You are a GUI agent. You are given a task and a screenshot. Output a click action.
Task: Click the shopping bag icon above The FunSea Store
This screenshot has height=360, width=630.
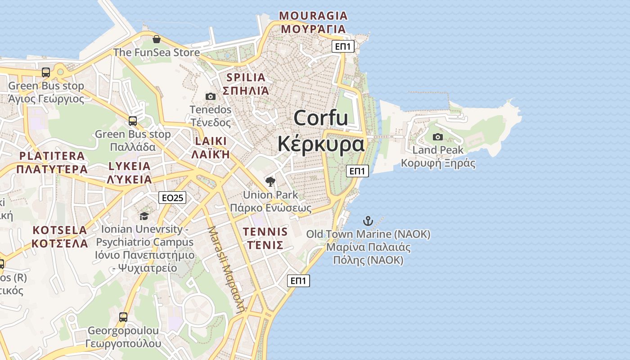156,39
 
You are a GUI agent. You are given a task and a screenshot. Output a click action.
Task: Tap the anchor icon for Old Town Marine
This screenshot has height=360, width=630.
368,221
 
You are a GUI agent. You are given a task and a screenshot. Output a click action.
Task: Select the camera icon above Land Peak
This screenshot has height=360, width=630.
437,137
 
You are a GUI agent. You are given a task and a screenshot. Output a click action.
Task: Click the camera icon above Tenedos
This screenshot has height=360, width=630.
210,96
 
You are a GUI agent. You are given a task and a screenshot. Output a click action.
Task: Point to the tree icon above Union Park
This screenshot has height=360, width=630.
270,182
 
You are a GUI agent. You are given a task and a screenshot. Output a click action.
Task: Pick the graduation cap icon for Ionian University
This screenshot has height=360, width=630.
144,216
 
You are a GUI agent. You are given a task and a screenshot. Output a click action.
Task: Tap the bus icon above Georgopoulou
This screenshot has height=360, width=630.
123,317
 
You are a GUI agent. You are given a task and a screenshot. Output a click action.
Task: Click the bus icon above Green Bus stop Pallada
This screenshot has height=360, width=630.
133,121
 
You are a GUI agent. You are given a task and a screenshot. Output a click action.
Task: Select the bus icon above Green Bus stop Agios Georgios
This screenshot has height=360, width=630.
46,72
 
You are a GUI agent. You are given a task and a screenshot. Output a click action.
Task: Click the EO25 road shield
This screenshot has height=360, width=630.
172,198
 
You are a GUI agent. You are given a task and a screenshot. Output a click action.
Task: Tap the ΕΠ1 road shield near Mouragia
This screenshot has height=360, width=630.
343,46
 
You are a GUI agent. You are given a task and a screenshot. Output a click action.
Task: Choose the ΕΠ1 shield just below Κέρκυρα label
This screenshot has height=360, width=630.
358,171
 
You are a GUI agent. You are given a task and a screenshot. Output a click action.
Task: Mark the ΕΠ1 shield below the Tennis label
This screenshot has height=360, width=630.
299,281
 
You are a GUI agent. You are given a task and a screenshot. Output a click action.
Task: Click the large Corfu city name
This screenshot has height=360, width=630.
321,118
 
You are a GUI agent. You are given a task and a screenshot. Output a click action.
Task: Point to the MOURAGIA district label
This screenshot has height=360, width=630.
314,16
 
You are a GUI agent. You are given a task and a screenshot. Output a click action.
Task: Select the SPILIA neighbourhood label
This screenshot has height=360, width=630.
246,77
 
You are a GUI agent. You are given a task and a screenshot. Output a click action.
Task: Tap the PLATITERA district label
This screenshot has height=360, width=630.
52,156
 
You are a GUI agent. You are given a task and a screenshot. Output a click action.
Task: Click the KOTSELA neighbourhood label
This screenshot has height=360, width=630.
60,230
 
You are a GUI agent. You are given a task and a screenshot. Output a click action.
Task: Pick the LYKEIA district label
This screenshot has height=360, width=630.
130,166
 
